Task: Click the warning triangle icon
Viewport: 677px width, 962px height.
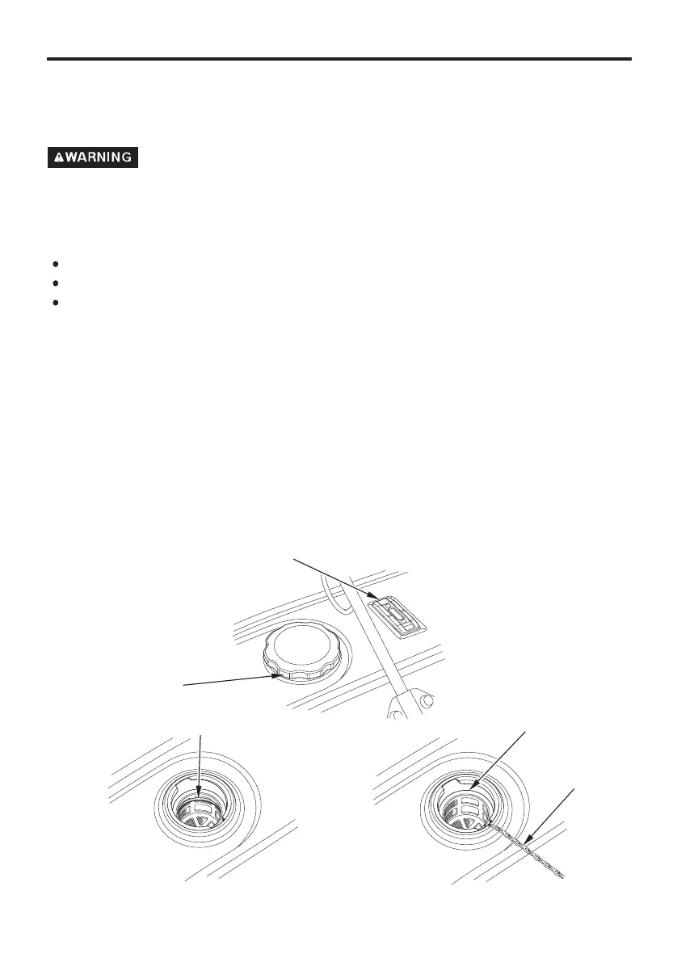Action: pyautogui.click(x=59, y=158)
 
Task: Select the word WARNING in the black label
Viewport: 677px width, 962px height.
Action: pyautogui.click(x=99, y=158)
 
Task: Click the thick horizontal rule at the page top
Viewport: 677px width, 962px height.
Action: pyautogui.click(x=338, y=59)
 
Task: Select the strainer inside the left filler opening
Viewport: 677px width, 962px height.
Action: pyautogui.click(x=200, y=808)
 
